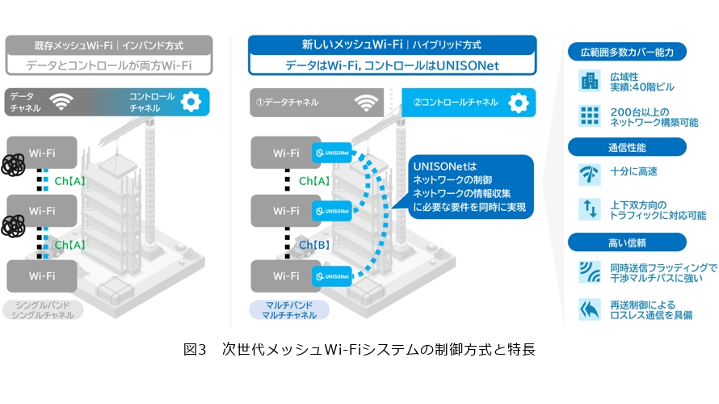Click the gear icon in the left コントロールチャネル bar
pos(191,102)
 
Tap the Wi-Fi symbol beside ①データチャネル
pos(367,103)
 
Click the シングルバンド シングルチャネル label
pos(44,309)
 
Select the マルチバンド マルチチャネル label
pos(286,309)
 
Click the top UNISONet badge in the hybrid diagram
pos(334,152)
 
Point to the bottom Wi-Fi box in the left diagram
pos(42,276)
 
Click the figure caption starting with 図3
pos(359,350)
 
